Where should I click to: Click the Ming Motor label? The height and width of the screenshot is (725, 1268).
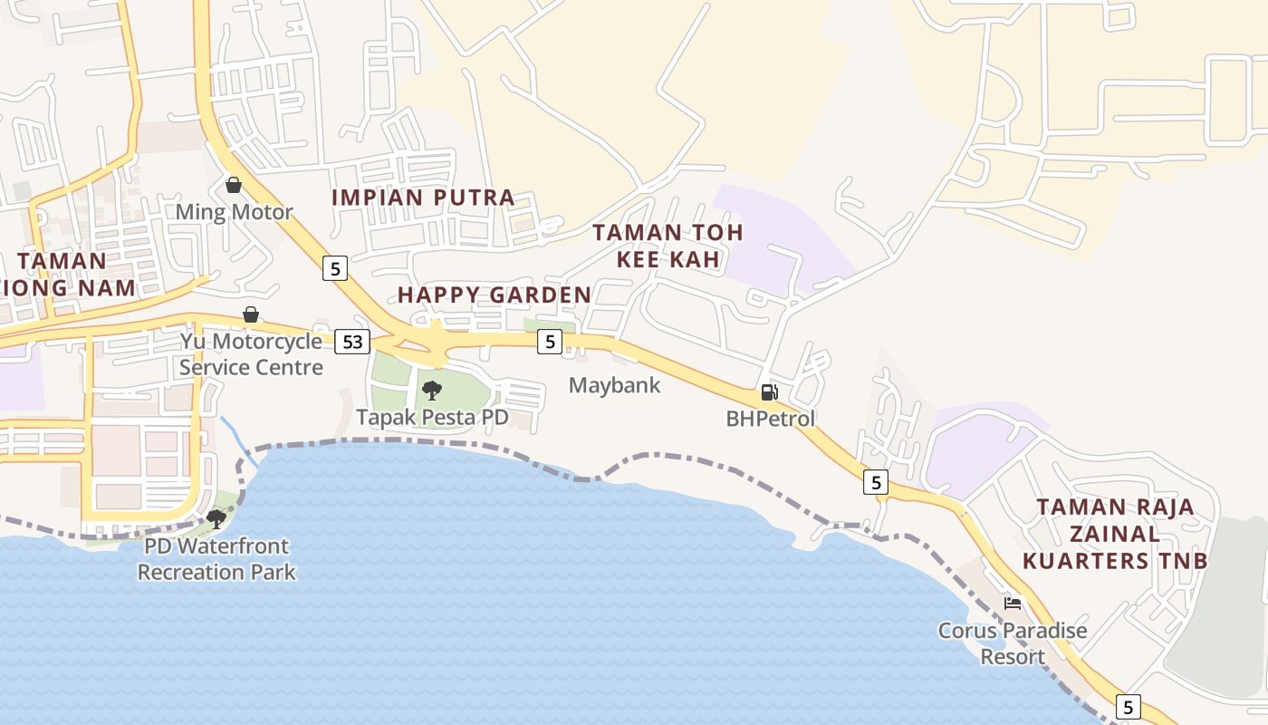pos(234,212)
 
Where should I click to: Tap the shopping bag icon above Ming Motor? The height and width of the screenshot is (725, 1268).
pos(234,185)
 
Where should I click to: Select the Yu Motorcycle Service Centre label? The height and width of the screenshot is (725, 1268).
pos(251,354)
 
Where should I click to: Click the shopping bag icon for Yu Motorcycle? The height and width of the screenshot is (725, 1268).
pos(251,314)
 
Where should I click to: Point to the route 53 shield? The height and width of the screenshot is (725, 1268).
pos(352,342)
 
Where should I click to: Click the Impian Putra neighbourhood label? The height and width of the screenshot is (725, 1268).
pos(423,198)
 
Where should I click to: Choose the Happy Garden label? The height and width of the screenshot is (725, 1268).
pos(495,295)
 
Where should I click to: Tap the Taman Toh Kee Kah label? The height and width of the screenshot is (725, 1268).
pos(668,246)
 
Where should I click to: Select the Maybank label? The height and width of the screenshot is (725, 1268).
pos(615,385)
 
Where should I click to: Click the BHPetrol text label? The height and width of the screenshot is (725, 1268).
pos(771,419)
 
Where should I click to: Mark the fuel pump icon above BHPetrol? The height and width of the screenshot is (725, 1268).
pos(769,392)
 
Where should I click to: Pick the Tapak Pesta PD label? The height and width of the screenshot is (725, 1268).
pos(432,418)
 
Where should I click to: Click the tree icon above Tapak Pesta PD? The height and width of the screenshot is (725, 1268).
pos(432,391)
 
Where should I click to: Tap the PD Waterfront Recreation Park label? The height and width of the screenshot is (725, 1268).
pos(216,559)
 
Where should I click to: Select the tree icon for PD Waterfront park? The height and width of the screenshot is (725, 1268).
pos(216,518)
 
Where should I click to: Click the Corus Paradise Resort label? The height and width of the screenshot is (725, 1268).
pos(1013,643)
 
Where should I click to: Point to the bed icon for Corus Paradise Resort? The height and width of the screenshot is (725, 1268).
pos(1013,603)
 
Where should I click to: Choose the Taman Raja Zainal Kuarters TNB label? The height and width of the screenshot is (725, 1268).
pos(1115,534)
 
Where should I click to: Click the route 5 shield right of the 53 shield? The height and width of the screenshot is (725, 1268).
pos(549,342)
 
